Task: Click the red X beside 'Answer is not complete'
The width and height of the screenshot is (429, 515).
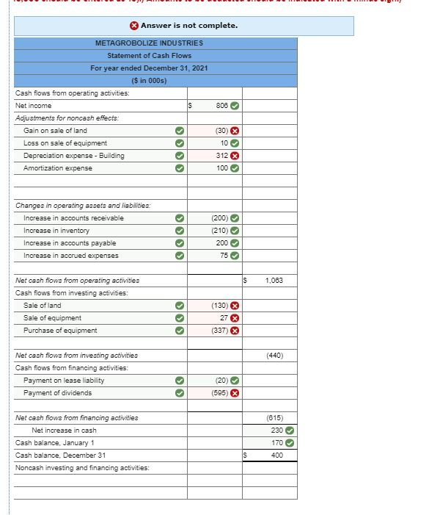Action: coord(134,26)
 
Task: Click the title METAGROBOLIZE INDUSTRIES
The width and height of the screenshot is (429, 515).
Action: coord(150,43)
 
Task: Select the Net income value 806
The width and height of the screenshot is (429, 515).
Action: coord(221,106)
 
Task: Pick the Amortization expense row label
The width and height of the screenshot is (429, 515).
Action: coord(58,168)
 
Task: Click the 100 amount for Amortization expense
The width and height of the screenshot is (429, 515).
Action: coord(221,168)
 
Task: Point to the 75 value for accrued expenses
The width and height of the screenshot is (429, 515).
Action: coord(223,256)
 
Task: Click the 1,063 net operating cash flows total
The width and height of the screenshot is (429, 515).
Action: coord(275,281)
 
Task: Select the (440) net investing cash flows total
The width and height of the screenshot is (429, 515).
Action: coord(275,356)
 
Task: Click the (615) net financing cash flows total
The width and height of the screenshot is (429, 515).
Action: coord(275,418)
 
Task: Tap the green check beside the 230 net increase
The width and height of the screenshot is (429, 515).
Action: coord(290,431)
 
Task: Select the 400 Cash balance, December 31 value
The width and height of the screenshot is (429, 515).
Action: coord(276,455)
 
